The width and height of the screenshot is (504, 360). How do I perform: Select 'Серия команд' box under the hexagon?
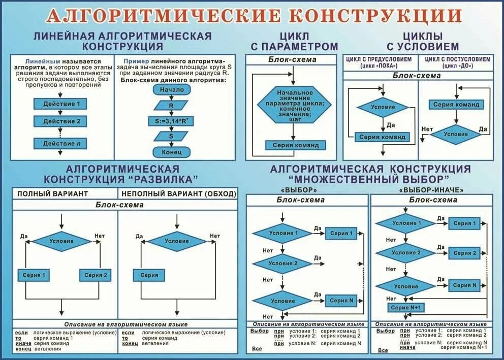tap(295, 145)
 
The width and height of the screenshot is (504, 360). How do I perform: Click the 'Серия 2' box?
tap(96, 275)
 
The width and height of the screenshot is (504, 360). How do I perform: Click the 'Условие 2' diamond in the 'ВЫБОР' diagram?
tap(283, 264)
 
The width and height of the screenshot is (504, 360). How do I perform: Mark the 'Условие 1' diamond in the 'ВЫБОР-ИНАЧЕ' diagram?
tap(406, 223)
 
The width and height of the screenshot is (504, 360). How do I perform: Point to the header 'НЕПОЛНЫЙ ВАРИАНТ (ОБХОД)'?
tap(178, 193)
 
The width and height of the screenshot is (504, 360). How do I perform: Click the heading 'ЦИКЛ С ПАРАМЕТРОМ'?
tap(294, 41)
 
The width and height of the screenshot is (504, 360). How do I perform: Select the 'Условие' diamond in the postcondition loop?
tap(455, 134)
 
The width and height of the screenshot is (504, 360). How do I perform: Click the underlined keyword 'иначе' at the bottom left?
tap(23, 344)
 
